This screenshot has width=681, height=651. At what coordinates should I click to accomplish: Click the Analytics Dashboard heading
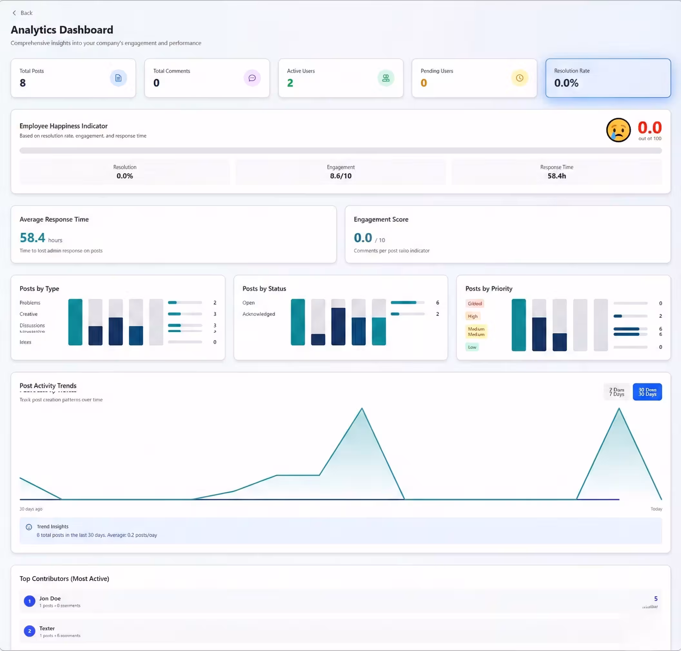tap(62, 30)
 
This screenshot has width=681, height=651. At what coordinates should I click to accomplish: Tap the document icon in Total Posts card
tap(118, 78)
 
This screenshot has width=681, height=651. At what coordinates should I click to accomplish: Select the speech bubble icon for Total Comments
tap(252, 78)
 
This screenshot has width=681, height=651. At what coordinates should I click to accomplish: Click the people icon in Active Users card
tap(386, 78)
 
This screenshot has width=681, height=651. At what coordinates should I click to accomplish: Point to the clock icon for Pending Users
tap(519, 78)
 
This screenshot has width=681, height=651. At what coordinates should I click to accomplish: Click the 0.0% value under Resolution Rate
tap(566, 83)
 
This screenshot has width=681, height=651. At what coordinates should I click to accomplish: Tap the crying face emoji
tap(618, 130)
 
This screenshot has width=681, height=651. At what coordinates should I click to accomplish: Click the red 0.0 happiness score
tap(649, 127)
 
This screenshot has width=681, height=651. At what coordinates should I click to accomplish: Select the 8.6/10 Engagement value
tap(341, 176)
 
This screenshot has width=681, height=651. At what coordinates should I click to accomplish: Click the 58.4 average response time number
tap(33, 238)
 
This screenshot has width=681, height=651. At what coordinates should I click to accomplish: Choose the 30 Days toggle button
tap(647, 392)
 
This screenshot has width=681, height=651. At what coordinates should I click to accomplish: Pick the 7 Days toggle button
tap(617, 392)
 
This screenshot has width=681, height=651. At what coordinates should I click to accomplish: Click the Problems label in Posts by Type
tap(30, 303)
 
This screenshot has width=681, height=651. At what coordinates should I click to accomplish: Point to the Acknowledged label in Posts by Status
tap(259, 314)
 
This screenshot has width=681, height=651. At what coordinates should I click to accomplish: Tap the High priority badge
tap(472, 316)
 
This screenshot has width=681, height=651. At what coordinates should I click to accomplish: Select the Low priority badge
tap(472, 347)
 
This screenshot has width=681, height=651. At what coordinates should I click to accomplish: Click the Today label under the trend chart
tap(656, 509)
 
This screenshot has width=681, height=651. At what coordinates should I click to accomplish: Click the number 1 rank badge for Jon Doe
tap(29, 601)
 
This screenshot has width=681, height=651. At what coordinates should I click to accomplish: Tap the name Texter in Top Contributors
tap(47, 628)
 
